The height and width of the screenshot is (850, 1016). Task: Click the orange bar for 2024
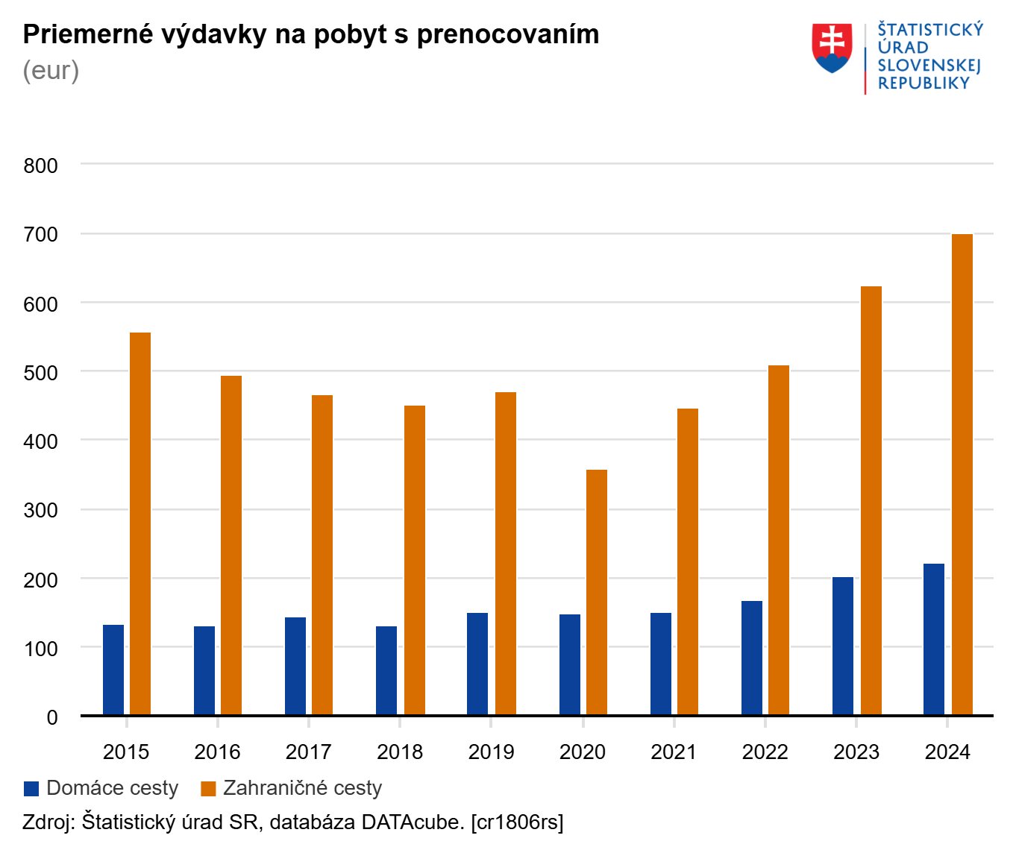962,474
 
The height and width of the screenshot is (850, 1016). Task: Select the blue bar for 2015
113,670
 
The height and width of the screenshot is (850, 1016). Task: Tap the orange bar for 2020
597,592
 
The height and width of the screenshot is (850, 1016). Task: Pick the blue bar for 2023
843,646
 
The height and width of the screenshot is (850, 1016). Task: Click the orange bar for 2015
140,523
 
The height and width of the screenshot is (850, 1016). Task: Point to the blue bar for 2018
386,670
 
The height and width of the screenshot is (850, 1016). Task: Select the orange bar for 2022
779,540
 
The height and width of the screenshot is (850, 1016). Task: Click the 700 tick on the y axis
41,234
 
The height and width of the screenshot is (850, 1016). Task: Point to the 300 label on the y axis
41,510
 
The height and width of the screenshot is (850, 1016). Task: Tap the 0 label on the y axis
52,717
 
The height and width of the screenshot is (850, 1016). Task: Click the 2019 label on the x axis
491,752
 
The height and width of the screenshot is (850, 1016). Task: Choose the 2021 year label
674,752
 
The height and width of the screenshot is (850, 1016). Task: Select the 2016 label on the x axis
217,752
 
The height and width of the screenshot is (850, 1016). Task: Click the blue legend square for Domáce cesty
31,789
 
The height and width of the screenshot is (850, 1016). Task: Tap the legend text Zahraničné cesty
302,788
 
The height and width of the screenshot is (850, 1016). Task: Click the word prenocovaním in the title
507,35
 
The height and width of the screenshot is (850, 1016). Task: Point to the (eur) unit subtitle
51,71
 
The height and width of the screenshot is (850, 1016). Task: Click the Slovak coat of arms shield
832,48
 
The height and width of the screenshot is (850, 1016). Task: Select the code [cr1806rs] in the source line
517,822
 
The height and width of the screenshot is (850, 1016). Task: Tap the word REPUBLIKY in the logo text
924,84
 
